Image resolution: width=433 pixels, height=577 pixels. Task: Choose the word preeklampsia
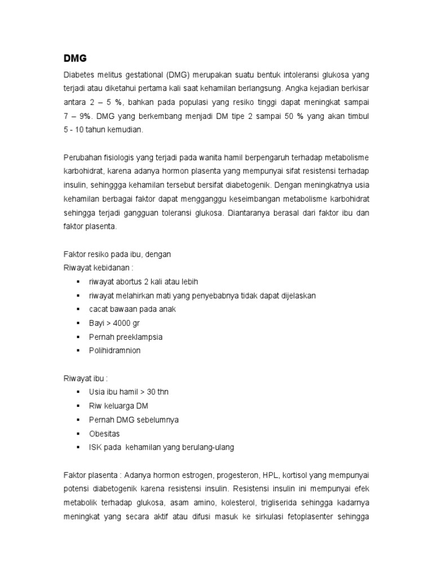tap(140, 337)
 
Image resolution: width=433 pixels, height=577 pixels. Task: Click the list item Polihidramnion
tap(115, 350)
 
